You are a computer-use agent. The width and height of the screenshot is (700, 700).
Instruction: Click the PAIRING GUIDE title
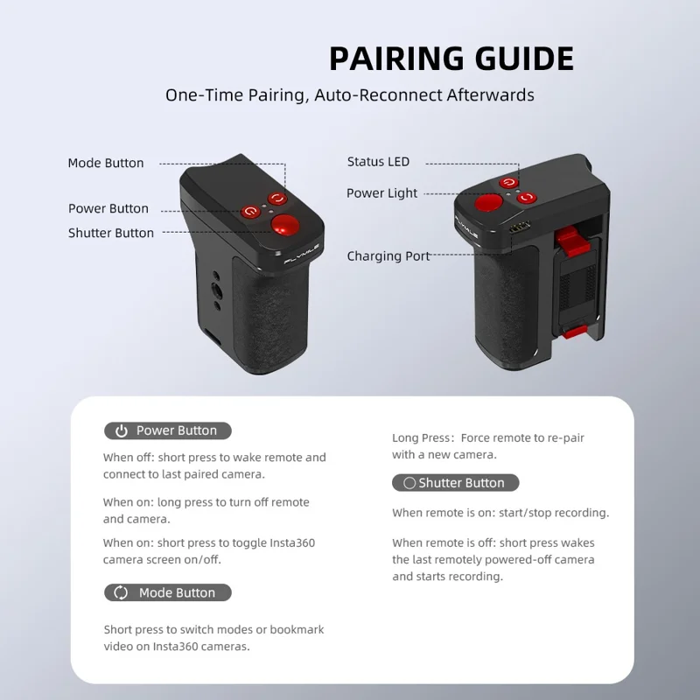pos(451,59)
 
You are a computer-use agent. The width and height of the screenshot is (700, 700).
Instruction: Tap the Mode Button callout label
pos(106,163)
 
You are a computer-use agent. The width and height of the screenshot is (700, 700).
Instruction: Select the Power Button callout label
pos(108,208)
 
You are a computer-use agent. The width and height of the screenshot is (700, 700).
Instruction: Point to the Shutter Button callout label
pos(111,233)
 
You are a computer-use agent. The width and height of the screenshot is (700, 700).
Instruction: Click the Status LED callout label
pos(379,162)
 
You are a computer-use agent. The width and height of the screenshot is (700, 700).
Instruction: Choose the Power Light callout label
pos(382,193)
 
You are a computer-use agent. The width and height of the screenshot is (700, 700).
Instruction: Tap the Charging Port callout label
pos(388,256)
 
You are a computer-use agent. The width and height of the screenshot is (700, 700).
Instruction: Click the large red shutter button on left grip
pos(285,224)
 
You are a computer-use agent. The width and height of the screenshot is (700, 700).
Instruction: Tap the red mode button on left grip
pos(277,199)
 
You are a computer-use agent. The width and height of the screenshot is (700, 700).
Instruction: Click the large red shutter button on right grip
pos(488,203)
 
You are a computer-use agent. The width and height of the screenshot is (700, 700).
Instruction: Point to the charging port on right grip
pos(520,227)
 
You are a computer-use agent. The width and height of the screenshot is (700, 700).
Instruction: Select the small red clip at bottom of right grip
pos(574,332)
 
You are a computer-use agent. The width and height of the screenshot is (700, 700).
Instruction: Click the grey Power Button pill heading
pos(168,430)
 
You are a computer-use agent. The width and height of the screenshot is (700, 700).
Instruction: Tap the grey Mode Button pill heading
pos(168,592)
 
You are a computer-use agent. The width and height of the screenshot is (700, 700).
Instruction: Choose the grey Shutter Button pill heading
pos(456,483)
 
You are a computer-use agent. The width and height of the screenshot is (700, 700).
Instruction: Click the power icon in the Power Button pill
pos(122,430)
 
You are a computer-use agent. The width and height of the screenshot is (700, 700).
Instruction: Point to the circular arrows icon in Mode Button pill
pos(121,592)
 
